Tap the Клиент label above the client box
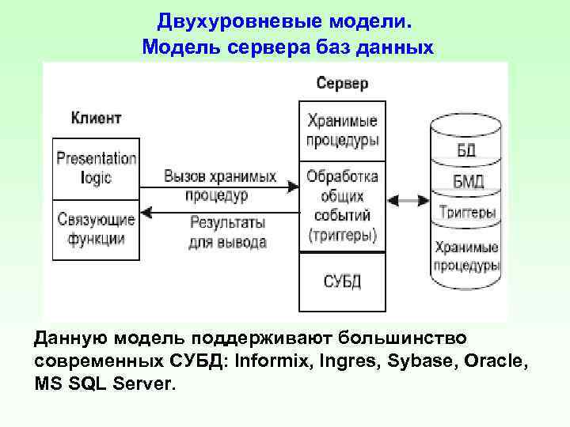tap(97, 119)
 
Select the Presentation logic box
tap(96, 168)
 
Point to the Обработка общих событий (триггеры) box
tap(342, 206)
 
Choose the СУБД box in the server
tap(342, 281)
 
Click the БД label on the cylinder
tap(467, 151)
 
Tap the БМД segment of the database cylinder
tap(467, 183)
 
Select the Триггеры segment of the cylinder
tap(467, 213)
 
